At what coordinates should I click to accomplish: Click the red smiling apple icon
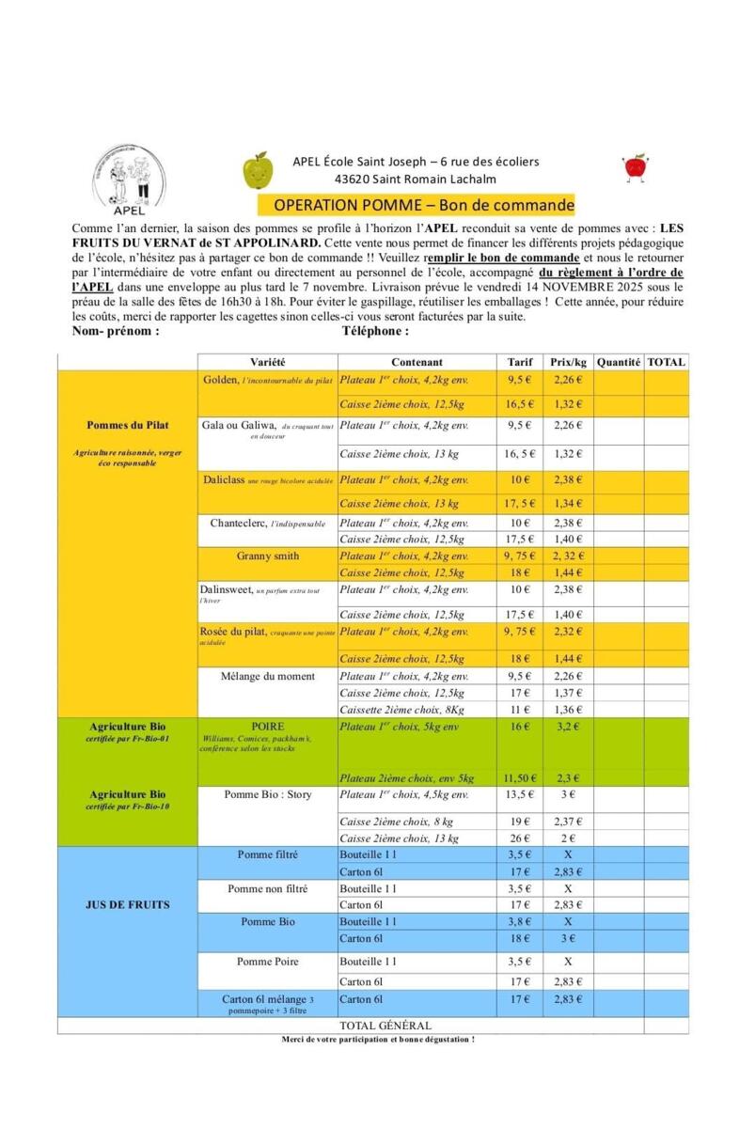click(x=636, y=167)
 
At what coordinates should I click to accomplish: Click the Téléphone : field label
click(x=375, y=331)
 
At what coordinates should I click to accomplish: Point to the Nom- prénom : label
click(x=116, y=331)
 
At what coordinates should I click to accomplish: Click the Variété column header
click(x=267, y=362)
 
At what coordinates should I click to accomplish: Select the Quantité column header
click(x=618, y=362)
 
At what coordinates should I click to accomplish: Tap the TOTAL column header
click(x=666, y=362)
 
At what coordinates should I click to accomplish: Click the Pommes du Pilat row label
click(x=127, y=425)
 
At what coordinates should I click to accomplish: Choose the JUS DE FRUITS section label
click(x=127, y=904)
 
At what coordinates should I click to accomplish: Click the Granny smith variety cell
click(x=267, y=556)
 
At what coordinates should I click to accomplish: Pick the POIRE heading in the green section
click(x=267, y=727)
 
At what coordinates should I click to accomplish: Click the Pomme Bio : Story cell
click(x=267, y=794)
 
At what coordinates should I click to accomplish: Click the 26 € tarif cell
click(x=520, y=838)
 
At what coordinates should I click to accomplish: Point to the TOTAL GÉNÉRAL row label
click(x=385, y=1026)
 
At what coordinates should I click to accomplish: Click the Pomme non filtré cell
click(x=267, y=888)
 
